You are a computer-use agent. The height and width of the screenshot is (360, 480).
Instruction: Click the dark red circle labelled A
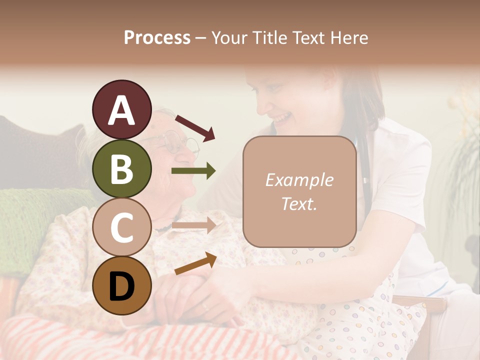coord(122,109)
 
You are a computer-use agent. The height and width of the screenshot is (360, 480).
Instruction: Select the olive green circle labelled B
coord(122,168)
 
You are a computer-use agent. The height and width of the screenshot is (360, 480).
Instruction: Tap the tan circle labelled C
coord(122,227)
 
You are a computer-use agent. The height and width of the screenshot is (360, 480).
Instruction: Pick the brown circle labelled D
coord(122,286)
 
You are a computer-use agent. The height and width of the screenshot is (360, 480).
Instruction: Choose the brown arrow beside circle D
coord(195,264)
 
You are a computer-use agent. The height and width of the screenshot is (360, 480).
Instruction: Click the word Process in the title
coord(157,37)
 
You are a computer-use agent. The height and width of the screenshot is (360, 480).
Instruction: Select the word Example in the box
coord(299,180)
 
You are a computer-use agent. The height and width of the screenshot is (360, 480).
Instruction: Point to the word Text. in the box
coord(299,203)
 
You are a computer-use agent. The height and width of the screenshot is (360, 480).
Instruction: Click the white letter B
coord(122,168)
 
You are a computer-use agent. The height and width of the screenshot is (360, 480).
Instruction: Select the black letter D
coord(122,286)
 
